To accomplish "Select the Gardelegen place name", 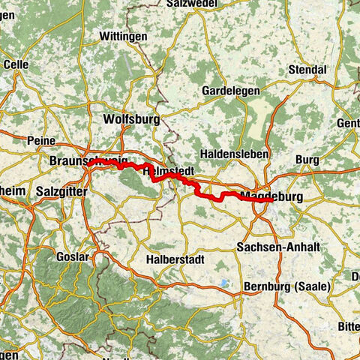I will [231, 90].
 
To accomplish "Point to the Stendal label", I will [308, 70].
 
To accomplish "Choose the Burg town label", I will [307, 160].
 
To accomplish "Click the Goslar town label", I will [72, 256].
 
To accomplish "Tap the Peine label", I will [41, 141].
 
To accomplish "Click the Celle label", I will [16, 64].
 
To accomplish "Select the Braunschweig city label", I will [84, 161].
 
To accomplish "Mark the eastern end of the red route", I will [271, 200].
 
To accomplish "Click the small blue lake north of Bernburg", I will [223, 283].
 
